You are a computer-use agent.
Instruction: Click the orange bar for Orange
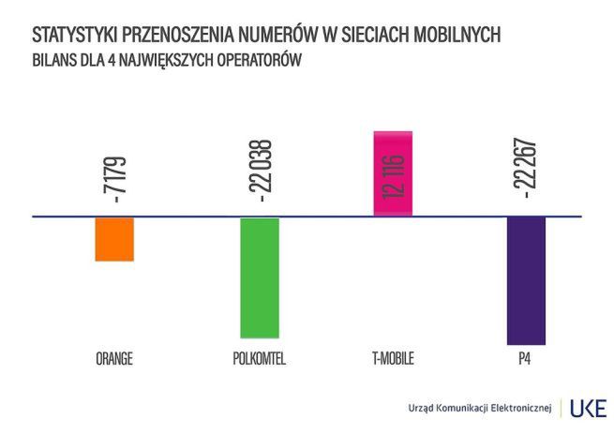pyautogui.click(x=114, y=239)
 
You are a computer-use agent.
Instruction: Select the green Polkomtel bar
pyautogui.click(x=260, y=277)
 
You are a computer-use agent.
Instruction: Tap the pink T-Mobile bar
pyautogui.click(x=393, y=174)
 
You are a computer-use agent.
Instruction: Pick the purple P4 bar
pyautogui.click(x=526, y=280)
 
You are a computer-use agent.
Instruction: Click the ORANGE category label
pyautogui.click(x=114, y=359)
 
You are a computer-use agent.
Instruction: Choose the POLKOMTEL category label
pyautogui.click(x=258, y=359)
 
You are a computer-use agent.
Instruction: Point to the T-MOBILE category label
pyautogui.click(x=393, y=359)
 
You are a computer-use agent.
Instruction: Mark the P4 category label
pyautogui.click(x=525, y=359)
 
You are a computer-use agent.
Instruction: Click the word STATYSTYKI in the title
pyautogui.click(x=74, y=35)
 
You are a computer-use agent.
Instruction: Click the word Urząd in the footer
pyautogui.click(x=423, y=409)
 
